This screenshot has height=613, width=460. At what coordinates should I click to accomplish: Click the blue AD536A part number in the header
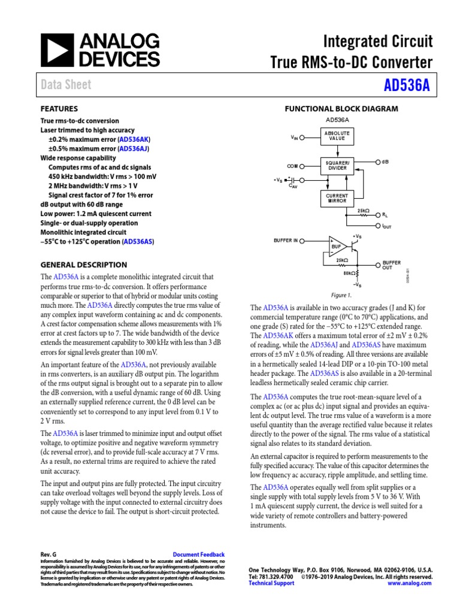[408, 85]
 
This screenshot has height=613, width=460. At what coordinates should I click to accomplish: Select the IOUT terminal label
[386, 227]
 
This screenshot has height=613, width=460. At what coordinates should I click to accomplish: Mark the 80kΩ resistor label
[348, 274]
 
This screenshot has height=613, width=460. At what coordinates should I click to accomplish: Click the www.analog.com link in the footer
[409, 583]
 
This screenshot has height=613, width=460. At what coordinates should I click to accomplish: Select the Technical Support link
[271, 583]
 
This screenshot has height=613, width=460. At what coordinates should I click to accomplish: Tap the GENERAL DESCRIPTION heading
[83, 265]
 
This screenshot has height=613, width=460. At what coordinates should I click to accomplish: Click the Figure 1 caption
[341, 295]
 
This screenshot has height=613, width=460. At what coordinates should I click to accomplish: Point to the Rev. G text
[49, 555]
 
